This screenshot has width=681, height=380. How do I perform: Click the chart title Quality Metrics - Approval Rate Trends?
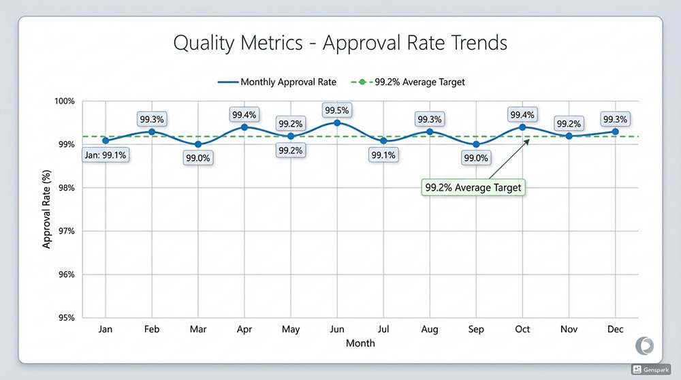pyautogui.click(x=340, y=43)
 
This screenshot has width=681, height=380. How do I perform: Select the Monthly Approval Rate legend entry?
pyautogui.click(x=277, y=82)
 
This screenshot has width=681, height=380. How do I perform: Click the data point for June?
pyautogui.click(x=337, y=123)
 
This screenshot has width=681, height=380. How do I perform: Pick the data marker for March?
pyautogui.click(x=198, y=144)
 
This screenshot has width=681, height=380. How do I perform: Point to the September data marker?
pyautogui.click(x=476, y=144)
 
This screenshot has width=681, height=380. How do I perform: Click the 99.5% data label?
pyautogui.click(x=337, y=109)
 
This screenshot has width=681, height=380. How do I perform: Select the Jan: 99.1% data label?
pyautogui.click(x=106, y=155)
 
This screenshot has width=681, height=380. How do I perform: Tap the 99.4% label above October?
pyautogui.click(x=522, y=114)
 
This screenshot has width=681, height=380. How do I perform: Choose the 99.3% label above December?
pyautogui.click(x=615, y=119)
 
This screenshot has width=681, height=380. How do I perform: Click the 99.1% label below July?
pyautogui.click(x=383, y=155)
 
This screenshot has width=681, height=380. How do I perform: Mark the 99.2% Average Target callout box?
pyautogui.click(x=473, y=187)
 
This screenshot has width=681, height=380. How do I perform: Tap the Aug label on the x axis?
pyautogui.click(x=430, y=330)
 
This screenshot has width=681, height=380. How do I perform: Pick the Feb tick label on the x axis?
pyautogui.click(x=152, y=330)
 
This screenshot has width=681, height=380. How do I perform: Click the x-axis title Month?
pyautogui.click(x=360, y=343)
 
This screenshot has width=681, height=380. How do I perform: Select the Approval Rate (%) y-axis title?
pyautogui.click(x=47, y=210)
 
